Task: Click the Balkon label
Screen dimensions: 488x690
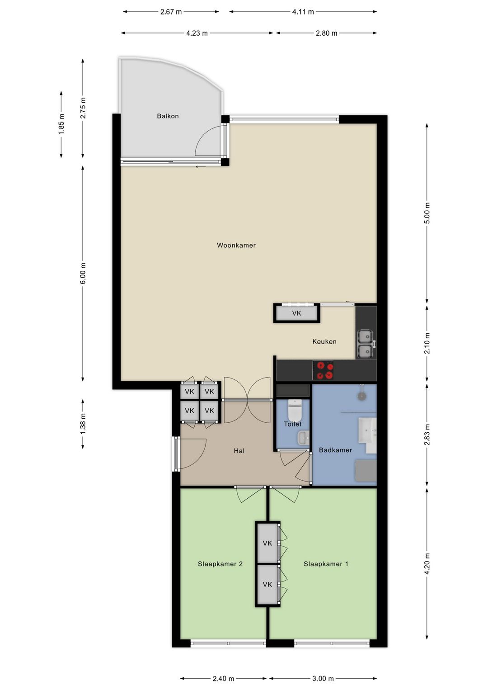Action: [168, 116]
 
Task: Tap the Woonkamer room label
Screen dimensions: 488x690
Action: [236, 245]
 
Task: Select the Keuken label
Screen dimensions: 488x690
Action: [324, 341]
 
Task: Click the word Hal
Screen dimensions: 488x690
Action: [239, 451]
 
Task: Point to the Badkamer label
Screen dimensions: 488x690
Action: [335, 450]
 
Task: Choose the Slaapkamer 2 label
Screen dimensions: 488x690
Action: [220, 564]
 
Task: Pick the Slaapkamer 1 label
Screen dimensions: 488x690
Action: [326, 564]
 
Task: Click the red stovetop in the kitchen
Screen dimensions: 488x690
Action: [323, 370]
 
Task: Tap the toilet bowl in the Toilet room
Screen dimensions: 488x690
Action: [295, 408]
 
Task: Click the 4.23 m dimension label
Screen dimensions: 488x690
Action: [197, 33]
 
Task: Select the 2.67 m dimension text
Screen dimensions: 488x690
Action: [171, 12]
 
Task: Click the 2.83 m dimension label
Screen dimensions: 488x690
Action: [427, 435]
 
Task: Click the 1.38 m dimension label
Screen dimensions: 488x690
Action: [83, 424]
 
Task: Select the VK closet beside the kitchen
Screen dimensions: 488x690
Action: [296, 313]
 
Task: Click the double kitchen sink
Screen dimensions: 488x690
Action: [366, 345]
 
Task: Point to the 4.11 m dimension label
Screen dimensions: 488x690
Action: [303, 12]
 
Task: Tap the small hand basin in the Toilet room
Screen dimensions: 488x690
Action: [303, 438]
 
